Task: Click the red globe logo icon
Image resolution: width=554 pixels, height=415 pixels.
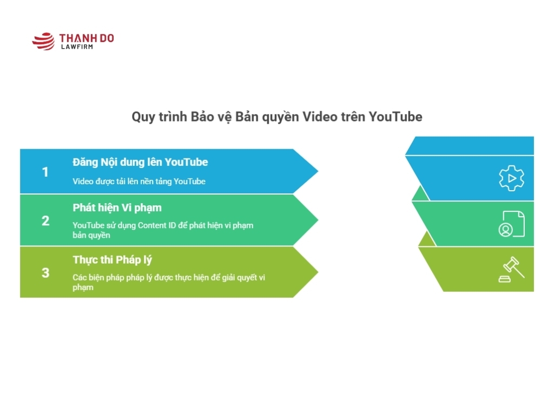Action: point(43,41)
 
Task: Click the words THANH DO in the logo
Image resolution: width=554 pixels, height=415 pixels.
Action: point(87,38)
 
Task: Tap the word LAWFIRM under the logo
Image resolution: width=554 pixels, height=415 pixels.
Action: point(77,46)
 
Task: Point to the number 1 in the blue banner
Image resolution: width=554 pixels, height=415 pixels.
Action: point(45,172)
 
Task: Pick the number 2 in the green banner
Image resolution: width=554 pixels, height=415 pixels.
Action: point(45,220)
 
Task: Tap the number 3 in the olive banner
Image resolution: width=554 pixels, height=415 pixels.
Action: point(45,272)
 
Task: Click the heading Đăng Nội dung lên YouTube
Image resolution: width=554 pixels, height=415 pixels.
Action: point(140,162)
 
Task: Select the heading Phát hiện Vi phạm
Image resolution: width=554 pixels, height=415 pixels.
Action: point(117,208)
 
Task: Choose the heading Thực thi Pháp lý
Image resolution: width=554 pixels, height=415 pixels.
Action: point(113,260)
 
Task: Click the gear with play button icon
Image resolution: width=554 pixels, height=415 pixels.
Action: point(511,178)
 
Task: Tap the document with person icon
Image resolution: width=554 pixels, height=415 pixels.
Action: point(512,224)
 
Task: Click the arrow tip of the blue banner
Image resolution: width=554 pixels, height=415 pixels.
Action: point(318,171)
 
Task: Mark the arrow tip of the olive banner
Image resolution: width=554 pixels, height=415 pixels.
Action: point(318,272)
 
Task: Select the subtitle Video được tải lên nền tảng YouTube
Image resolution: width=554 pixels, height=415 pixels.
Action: point(139,182)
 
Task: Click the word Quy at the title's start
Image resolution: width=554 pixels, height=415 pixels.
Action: point(143,117)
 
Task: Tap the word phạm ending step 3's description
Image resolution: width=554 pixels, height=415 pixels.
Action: point(83,287)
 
